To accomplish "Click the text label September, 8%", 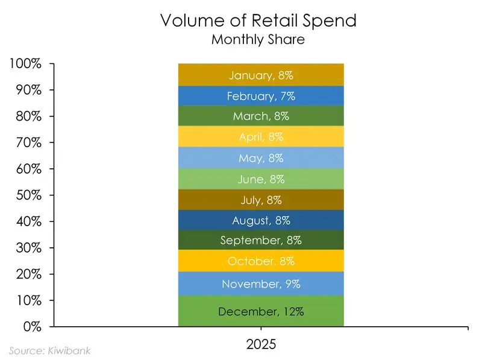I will point(261,240).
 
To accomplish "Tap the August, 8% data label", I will point(261,220).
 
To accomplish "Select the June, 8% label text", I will point(261,179).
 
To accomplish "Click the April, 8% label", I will point(261,137).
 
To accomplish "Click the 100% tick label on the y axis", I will point(25,63).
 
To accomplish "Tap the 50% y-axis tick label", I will point(28,195).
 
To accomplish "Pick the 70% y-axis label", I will point(28,142).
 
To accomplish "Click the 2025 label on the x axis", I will point(261,345).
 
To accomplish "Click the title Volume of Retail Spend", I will point(258,21).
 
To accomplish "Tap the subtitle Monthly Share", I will point(258,40).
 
